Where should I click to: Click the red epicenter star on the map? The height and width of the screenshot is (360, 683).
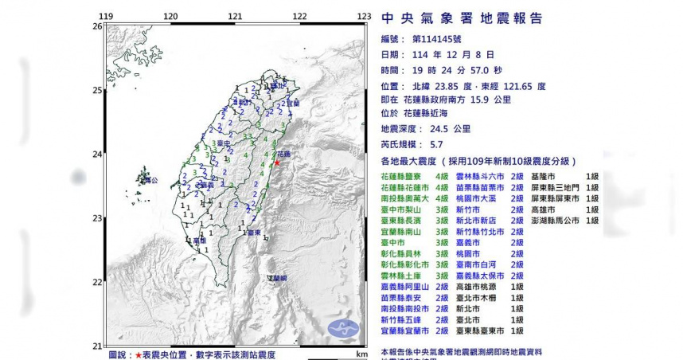pyautogui.click(x=277, y=162)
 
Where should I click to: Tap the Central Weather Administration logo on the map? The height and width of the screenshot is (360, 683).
pyautogui.click(x=342, y=327)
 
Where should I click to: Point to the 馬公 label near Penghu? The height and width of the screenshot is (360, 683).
pyautogui.click(x=152, y=181)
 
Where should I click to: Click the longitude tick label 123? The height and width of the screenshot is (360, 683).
pyautogui.click(x=364, y=17)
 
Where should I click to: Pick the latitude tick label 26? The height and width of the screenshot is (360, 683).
pyautogui.click(x=97, y=26)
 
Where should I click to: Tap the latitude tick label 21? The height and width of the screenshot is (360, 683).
pyautogui.click(x=97, y=346)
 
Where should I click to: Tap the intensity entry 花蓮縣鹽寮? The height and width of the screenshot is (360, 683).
pyautogui.click(x=405, y=175)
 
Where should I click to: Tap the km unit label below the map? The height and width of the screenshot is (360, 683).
pyautogui.click(x=361, y=354)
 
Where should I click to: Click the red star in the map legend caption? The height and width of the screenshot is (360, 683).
pyautogui.click(x=139, y=354)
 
